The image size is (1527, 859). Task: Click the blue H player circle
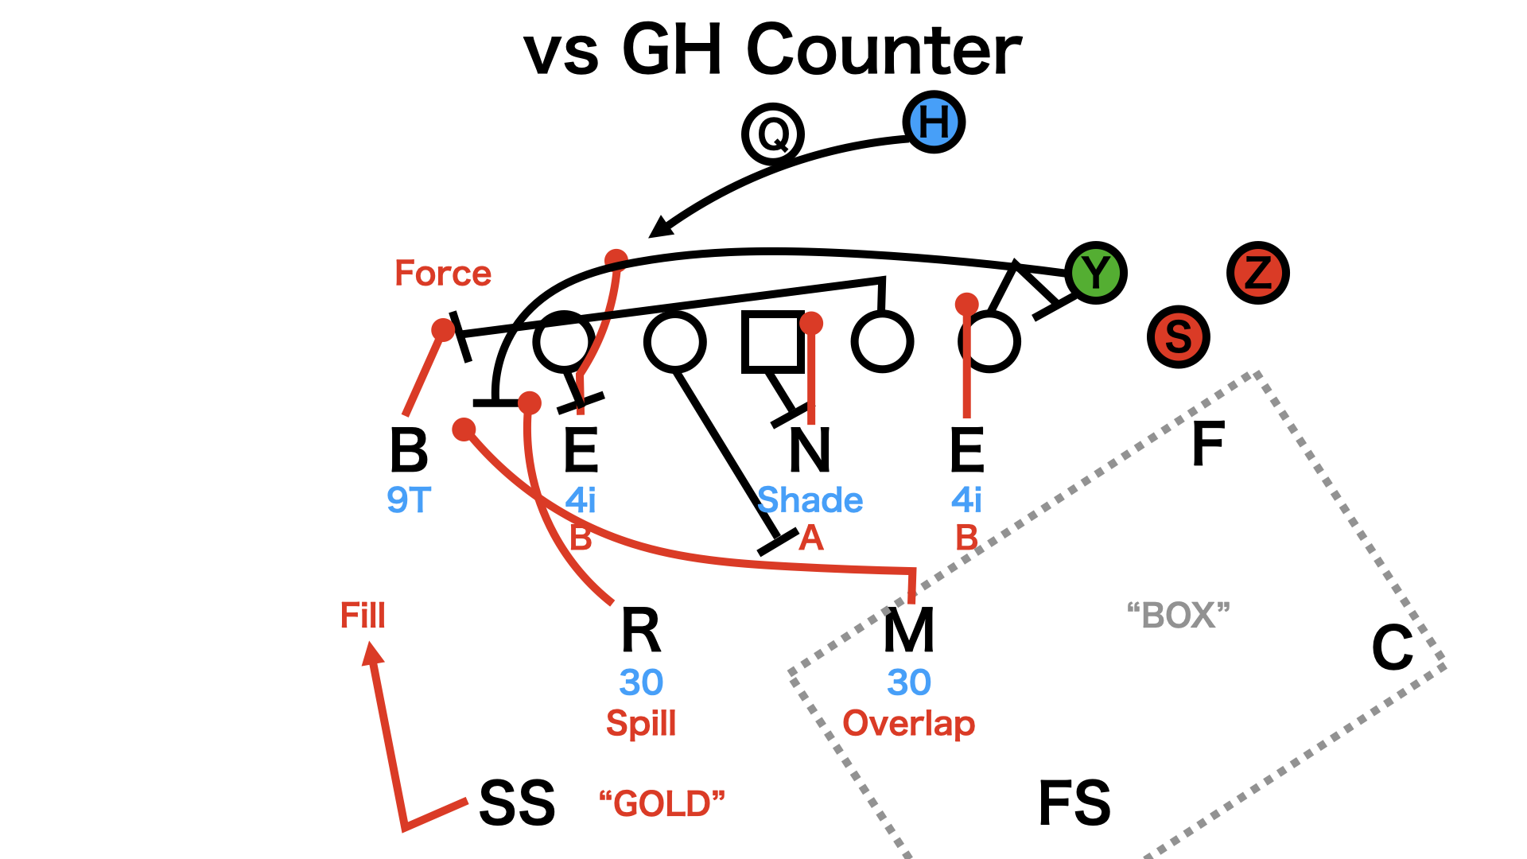coord(934,122)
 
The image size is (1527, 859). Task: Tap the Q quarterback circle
coord(772,134)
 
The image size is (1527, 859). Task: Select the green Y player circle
coord(1096,273)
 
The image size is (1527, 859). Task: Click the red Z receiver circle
coord(1257,273)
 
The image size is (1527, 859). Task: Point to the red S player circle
coord(1178,336)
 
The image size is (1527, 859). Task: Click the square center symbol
coord(772,341)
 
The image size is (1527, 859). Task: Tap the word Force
coord(443,274)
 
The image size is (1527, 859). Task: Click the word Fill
coord(363,616)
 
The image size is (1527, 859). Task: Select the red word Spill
coord(641,724)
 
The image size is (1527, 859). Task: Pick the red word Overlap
coord(908,724)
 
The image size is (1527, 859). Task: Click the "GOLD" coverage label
coord(662,803)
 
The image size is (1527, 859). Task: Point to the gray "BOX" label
coord(1178,616)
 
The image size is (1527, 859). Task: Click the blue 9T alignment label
coord(409,500)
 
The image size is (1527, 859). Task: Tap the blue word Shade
coord(810,500)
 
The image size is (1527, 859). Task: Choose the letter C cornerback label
coord(1392,647)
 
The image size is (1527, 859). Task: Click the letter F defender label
coord(1207,444)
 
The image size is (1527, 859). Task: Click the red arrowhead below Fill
coord(371,654)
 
